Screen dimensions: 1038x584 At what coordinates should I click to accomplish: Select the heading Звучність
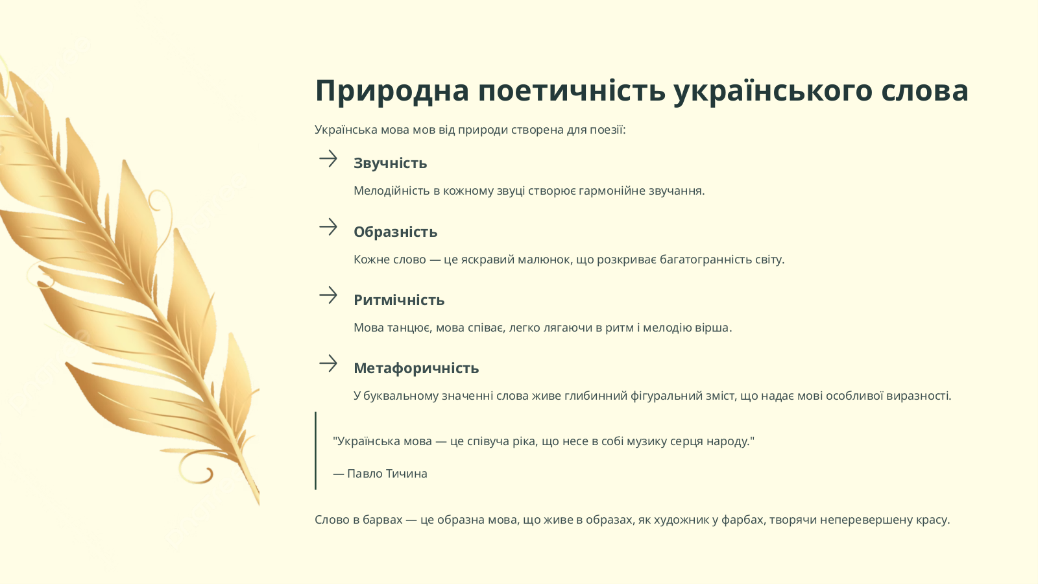390,163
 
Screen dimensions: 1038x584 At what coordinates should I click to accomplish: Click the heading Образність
395,232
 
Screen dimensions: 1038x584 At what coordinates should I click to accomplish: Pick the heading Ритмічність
399,300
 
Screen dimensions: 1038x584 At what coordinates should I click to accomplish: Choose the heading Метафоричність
416,368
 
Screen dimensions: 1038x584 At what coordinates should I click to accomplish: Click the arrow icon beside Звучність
328,158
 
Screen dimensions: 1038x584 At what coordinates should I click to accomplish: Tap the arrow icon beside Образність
328,226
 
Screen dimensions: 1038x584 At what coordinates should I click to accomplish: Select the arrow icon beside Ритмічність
328,295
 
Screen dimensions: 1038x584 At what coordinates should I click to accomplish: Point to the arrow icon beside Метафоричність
328,363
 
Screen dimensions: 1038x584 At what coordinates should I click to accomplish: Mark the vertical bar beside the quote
315,450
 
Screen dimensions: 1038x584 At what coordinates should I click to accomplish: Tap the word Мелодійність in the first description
392,191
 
